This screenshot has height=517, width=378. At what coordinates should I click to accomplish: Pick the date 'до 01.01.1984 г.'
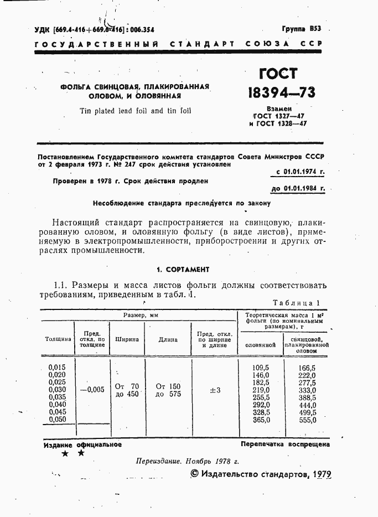coord(298,188)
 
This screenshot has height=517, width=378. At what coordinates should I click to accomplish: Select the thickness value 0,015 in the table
coord(57,368)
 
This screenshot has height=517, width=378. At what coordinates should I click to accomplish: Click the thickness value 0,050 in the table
coord(57,420)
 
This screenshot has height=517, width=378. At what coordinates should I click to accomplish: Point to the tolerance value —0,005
coord(92,390)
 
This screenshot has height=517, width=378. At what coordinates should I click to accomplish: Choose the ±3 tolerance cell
coord(215,390)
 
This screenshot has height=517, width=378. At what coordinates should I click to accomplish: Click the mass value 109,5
coord(260,368)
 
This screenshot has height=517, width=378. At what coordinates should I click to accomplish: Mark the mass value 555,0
coord(307,420)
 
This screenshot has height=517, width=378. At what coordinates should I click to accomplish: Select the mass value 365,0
coord(260,420)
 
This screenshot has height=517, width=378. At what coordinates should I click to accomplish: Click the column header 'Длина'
coord(168,339)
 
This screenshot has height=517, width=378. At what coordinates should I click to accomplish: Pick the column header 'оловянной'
coord(260,345)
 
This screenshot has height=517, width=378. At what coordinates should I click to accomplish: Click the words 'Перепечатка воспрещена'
coord(285,444)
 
